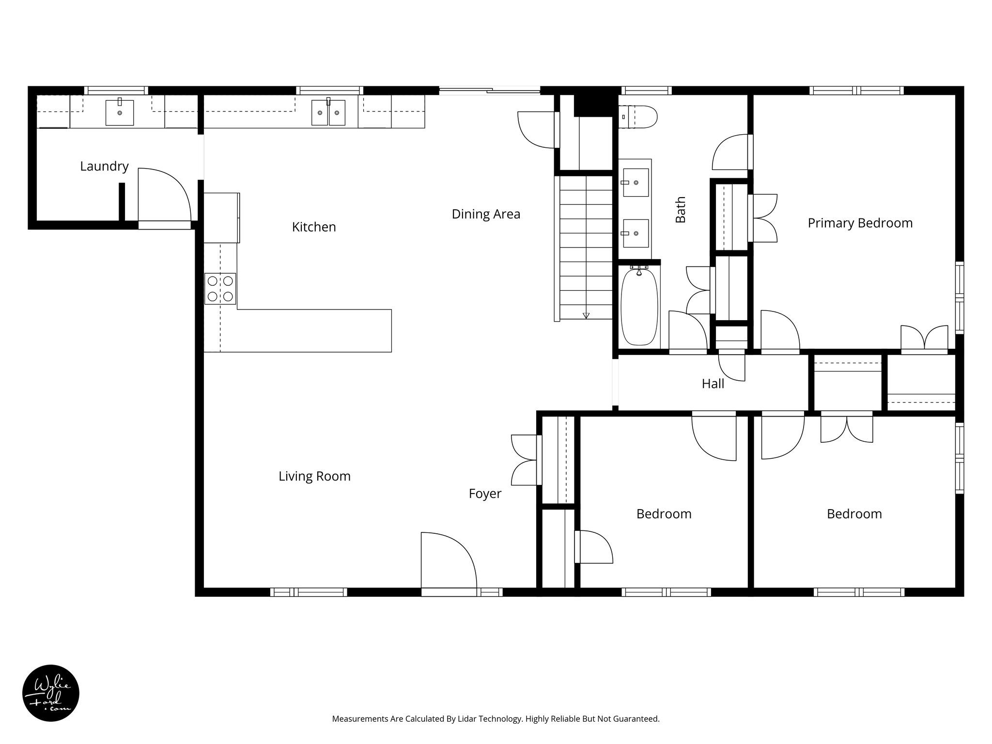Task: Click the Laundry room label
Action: click(104, 166)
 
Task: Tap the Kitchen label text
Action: click(314, 227)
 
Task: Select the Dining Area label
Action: click(486, 214)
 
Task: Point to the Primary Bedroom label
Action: click(860, 223)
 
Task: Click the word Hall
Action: click(713, 384)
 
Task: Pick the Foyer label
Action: click(485, 494)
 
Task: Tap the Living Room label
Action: click(314, 476)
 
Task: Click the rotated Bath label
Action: click(681, 209)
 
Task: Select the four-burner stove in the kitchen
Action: click(220, 289)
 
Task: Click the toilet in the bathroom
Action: click(638, 117)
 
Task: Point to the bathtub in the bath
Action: click(639, 306)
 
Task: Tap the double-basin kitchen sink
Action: click(328, 113)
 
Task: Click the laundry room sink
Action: click(120, 112)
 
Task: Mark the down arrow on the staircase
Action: click(586, 316)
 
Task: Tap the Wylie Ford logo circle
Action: click(51, 693)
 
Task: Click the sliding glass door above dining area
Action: click(489, 90)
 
